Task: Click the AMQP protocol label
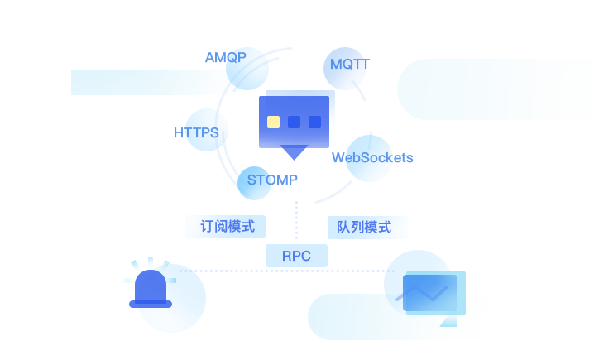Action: click(x=225, y=58)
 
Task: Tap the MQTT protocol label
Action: click(x=350, y=65)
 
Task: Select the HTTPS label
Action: click(x=196, y=132)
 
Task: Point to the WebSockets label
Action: click(x=372, y=157)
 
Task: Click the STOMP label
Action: click(x=271, y=180)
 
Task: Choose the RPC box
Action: click(x=296, y=256)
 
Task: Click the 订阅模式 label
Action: click(x=227, y=226)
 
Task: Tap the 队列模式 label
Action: click(x=363, y=227)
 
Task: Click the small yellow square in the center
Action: click(x=273, y=122)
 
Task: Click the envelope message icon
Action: click(x=429, y=293)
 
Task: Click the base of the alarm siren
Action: click(x=151, y=304)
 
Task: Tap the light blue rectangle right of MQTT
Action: click(x=494, y=89)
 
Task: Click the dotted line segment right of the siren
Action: click(x=192, y=271)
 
